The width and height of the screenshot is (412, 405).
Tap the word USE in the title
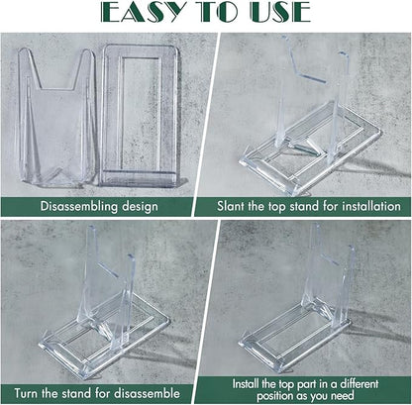click(x=280, y=12)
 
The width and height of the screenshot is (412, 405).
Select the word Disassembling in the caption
click(x=79, y=206)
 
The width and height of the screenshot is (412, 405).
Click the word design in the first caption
click(x=140, y=207)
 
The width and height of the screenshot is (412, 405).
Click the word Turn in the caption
click(x=27, y=393)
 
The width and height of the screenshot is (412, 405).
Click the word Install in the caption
click(x=246, y=384)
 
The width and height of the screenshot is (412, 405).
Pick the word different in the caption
click(x=360, y=384)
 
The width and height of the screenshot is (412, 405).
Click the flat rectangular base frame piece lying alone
click(x=140, y=116)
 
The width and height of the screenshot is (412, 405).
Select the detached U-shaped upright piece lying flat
click(x=56, y=116)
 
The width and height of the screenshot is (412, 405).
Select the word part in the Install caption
click(x=306, y=384)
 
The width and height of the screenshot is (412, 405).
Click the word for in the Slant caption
click(x=331, y=206)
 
